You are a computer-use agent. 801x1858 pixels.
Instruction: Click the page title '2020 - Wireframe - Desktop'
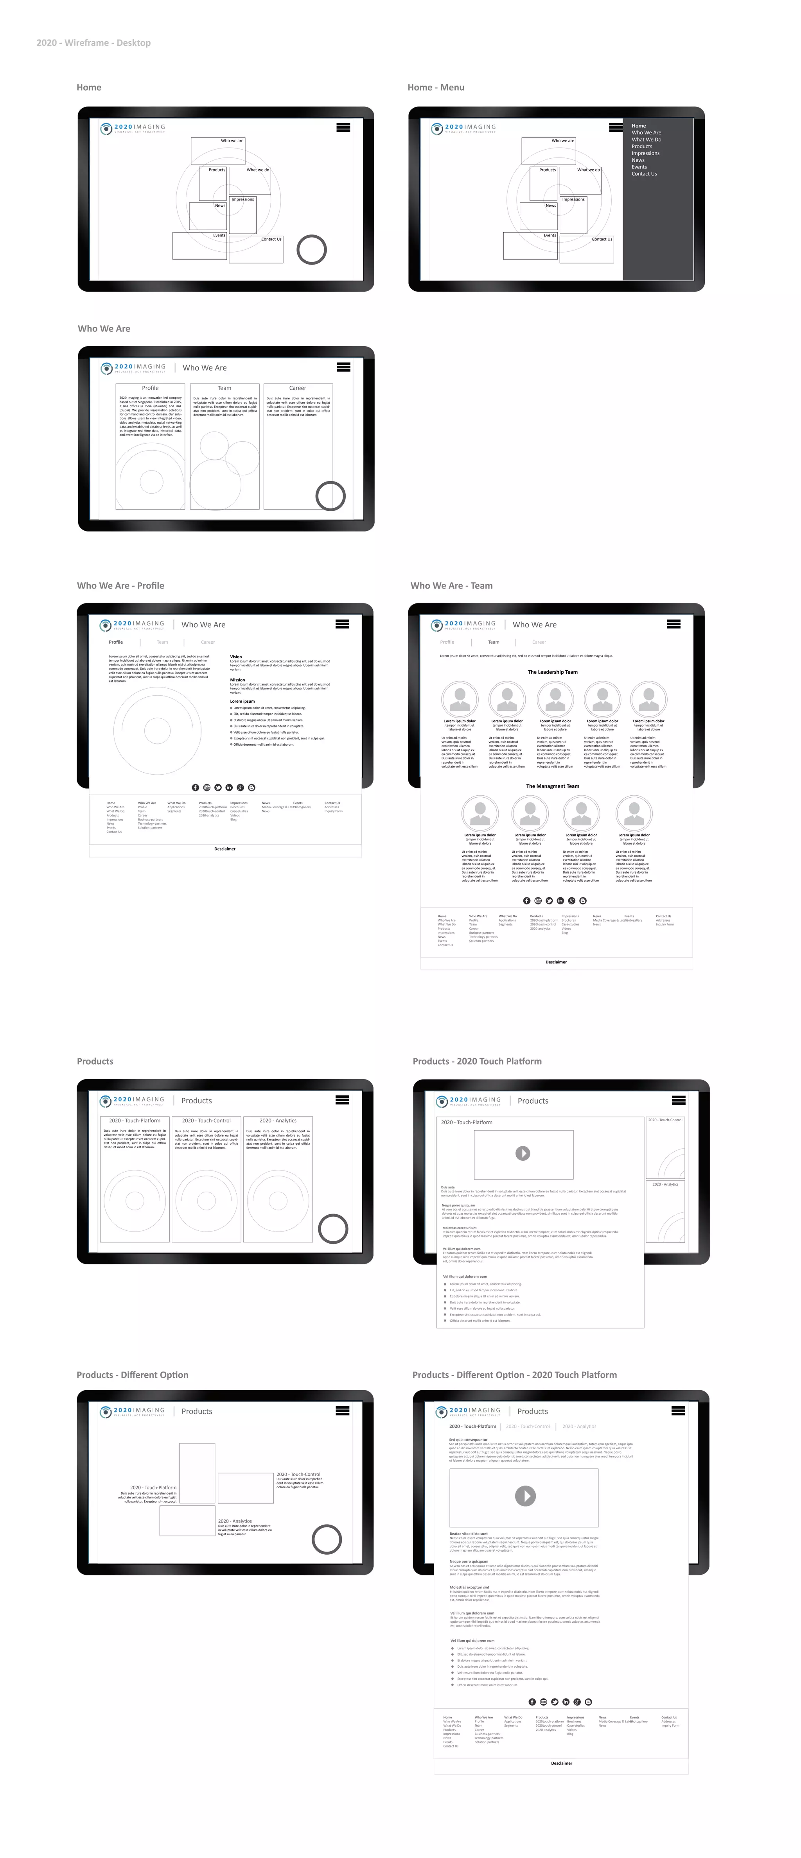point(94,43)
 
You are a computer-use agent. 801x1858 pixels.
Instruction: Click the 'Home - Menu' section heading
point(436,87)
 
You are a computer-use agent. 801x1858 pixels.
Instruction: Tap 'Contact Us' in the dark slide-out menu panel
point(644,174)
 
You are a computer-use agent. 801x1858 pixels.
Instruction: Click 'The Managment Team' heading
point(552,786)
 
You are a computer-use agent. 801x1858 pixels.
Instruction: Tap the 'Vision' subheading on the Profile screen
point(236,657)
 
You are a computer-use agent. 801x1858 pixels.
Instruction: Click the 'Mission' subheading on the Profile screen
point(237,679)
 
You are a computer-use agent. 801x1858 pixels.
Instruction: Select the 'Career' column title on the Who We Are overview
point(297,388)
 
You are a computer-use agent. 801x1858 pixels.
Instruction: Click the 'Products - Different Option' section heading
point(132,1375)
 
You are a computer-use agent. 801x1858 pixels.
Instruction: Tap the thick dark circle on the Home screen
point(312,250)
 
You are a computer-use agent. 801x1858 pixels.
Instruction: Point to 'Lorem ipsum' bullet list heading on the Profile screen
point(242,701)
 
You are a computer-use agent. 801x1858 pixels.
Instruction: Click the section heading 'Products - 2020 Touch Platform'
point(477,1061)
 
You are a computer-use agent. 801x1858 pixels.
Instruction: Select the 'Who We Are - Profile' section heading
point(120,586)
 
